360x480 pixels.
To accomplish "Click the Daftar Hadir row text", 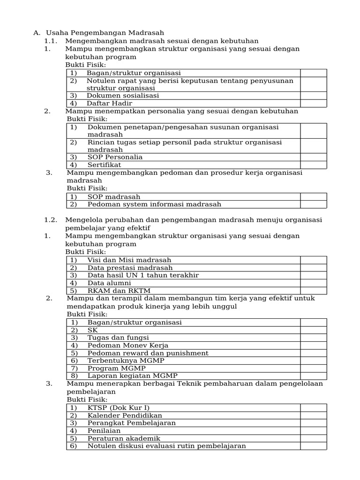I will tap(109, 103).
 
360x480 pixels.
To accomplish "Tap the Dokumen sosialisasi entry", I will tap(123, 96).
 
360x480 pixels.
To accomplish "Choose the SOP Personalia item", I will tap(115, 157).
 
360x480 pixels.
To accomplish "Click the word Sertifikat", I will tap(104, 165).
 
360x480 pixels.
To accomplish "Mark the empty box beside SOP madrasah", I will tap(313, 197).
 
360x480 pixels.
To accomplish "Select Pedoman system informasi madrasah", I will tap(154, 204).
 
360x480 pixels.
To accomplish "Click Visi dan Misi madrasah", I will tap(129, 260).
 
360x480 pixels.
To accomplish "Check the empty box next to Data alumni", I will tap(313, 283).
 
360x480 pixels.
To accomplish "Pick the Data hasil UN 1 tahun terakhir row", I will tap(143, 275).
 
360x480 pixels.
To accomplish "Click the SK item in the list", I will tap(92, 330).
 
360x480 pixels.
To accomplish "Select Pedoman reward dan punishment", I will tap(148, 353).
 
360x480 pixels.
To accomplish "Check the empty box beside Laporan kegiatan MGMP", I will tap(313, 376).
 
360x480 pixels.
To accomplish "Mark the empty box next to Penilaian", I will tap(313, 431).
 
